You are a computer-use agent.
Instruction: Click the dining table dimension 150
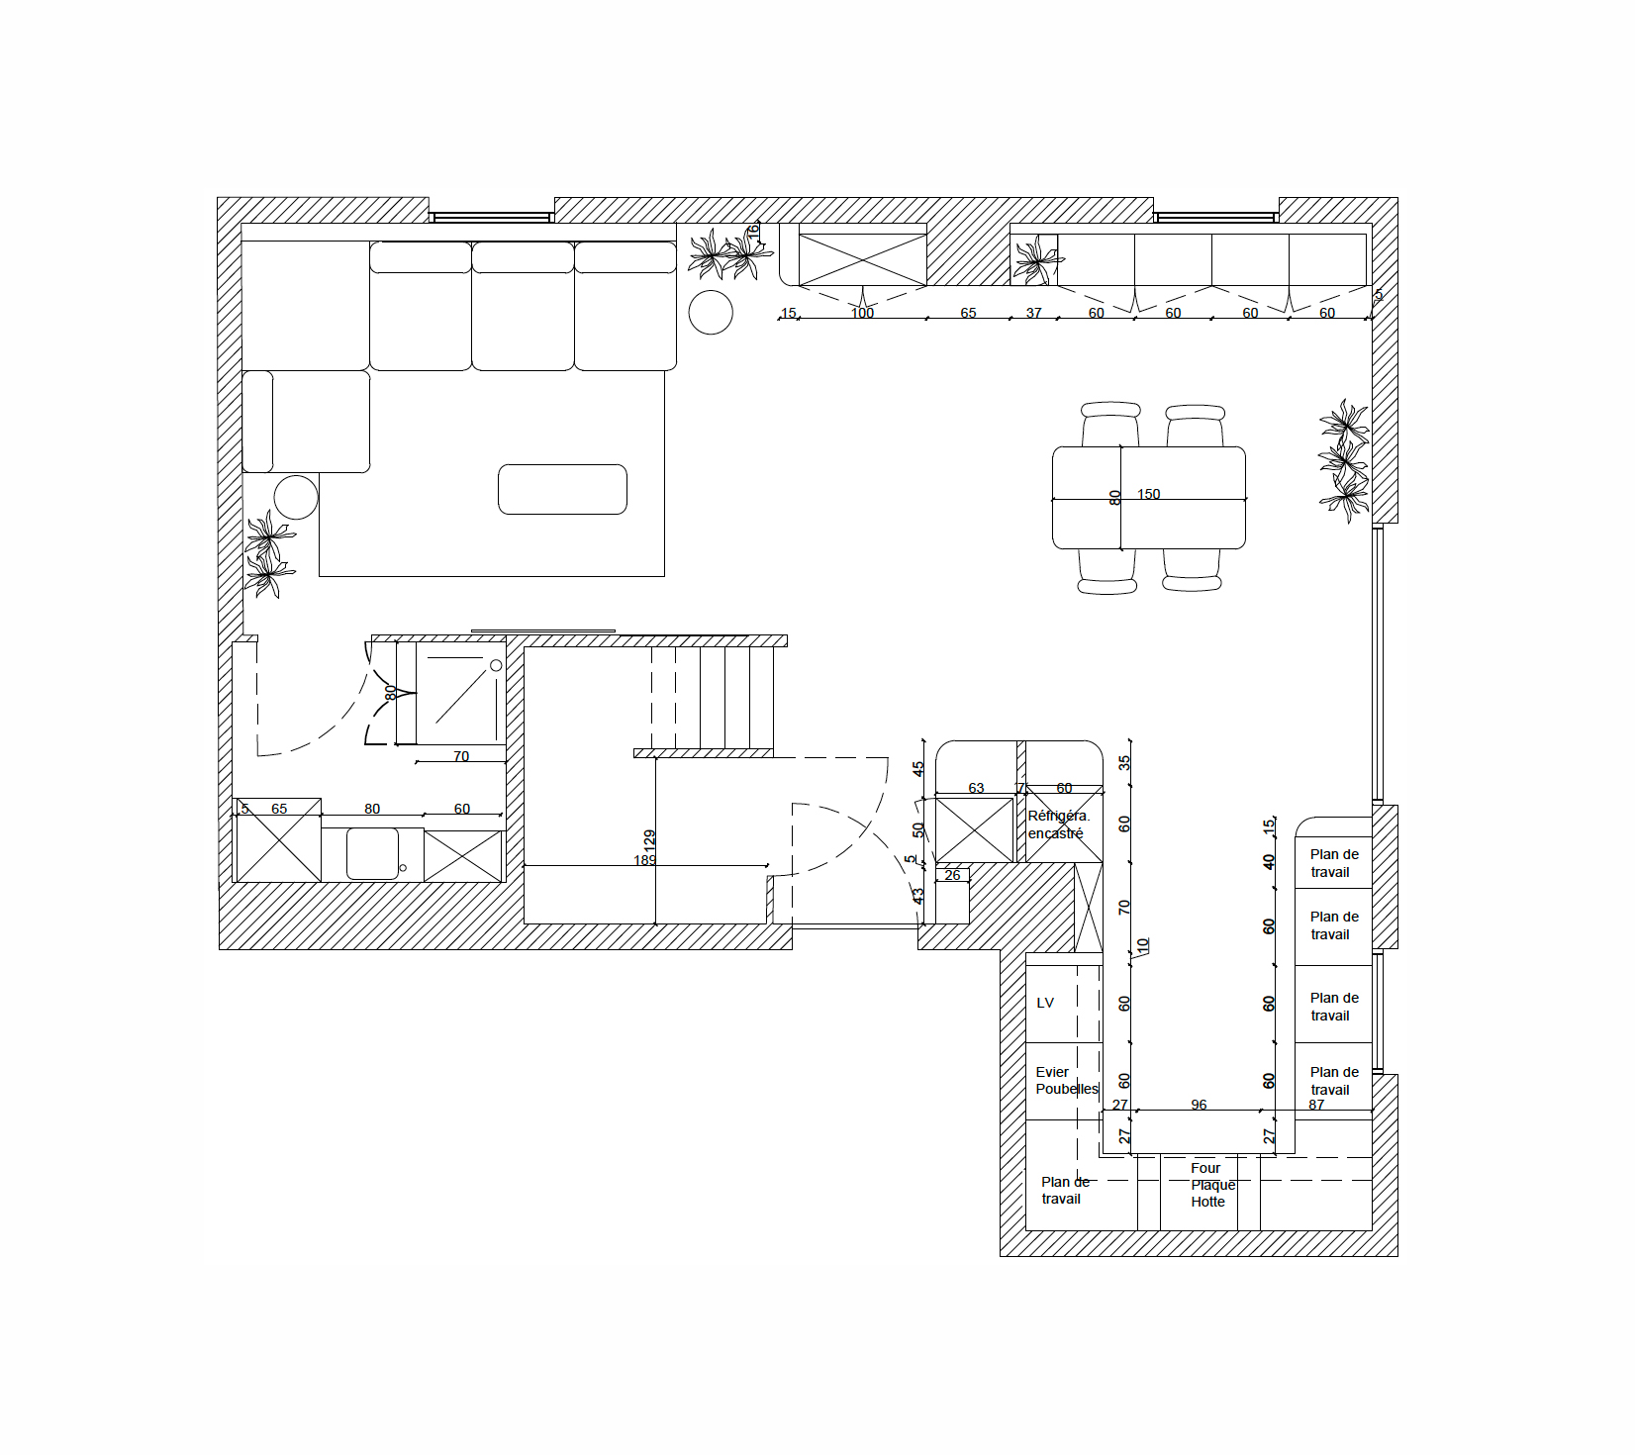tap(1148, 494)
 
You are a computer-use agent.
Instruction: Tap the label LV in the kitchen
tap(1045, 1003)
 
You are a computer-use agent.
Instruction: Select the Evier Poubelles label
tap(1066, 1081)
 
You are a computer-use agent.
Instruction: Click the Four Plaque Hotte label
tap(1210, 1185)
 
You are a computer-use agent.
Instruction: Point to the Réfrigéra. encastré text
tap(1058, 824)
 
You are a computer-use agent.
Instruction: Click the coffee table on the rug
tap(562, 489)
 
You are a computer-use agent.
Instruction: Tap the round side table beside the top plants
tap(711, 313)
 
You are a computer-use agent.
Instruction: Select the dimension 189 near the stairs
tap(644, 860)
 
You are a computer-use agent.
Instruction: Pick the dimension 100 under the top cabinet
tap(862, 313)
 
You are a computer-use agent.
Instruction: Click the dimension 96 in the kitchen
tap(1199, 1105)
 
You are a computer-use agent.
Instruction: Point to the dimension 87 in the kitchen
tap(1316, 1105)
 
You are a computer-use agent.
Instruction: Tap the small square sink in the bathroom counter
tap(373, 853)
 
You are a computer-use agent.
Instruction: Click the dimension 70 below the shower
tap(461, 756)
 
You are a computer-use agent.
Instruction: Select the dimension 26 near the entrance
tap(952, 875)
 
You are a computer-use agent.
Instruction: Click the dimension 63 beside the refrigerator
tap(976, 788)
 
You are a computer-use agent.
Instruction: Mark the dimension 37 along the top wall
tap(1033, 313)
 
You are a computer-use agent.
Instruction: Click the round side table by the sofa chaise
tap(296, 497)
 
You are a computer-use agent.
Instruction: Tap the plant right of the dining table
tap(1344, 460)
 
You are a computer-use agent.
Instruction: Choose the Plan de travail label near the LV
tap(1064, 1190)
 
